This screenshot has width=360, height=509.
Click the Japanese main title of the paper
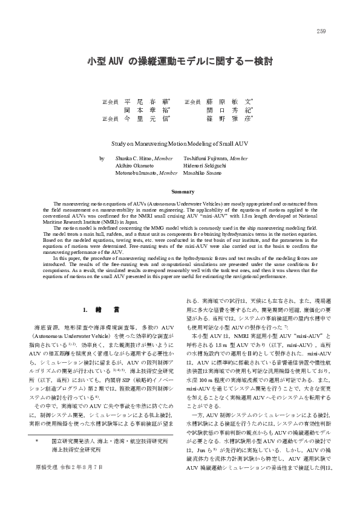180,62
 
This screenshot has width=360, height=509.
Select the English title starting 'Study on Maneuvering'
180,144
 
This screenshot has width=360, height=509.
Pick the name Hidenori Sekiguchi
205,164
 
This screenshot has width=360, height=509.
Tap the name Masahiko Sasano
202,172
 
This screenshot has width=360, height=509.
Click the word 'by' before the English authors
102,158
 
